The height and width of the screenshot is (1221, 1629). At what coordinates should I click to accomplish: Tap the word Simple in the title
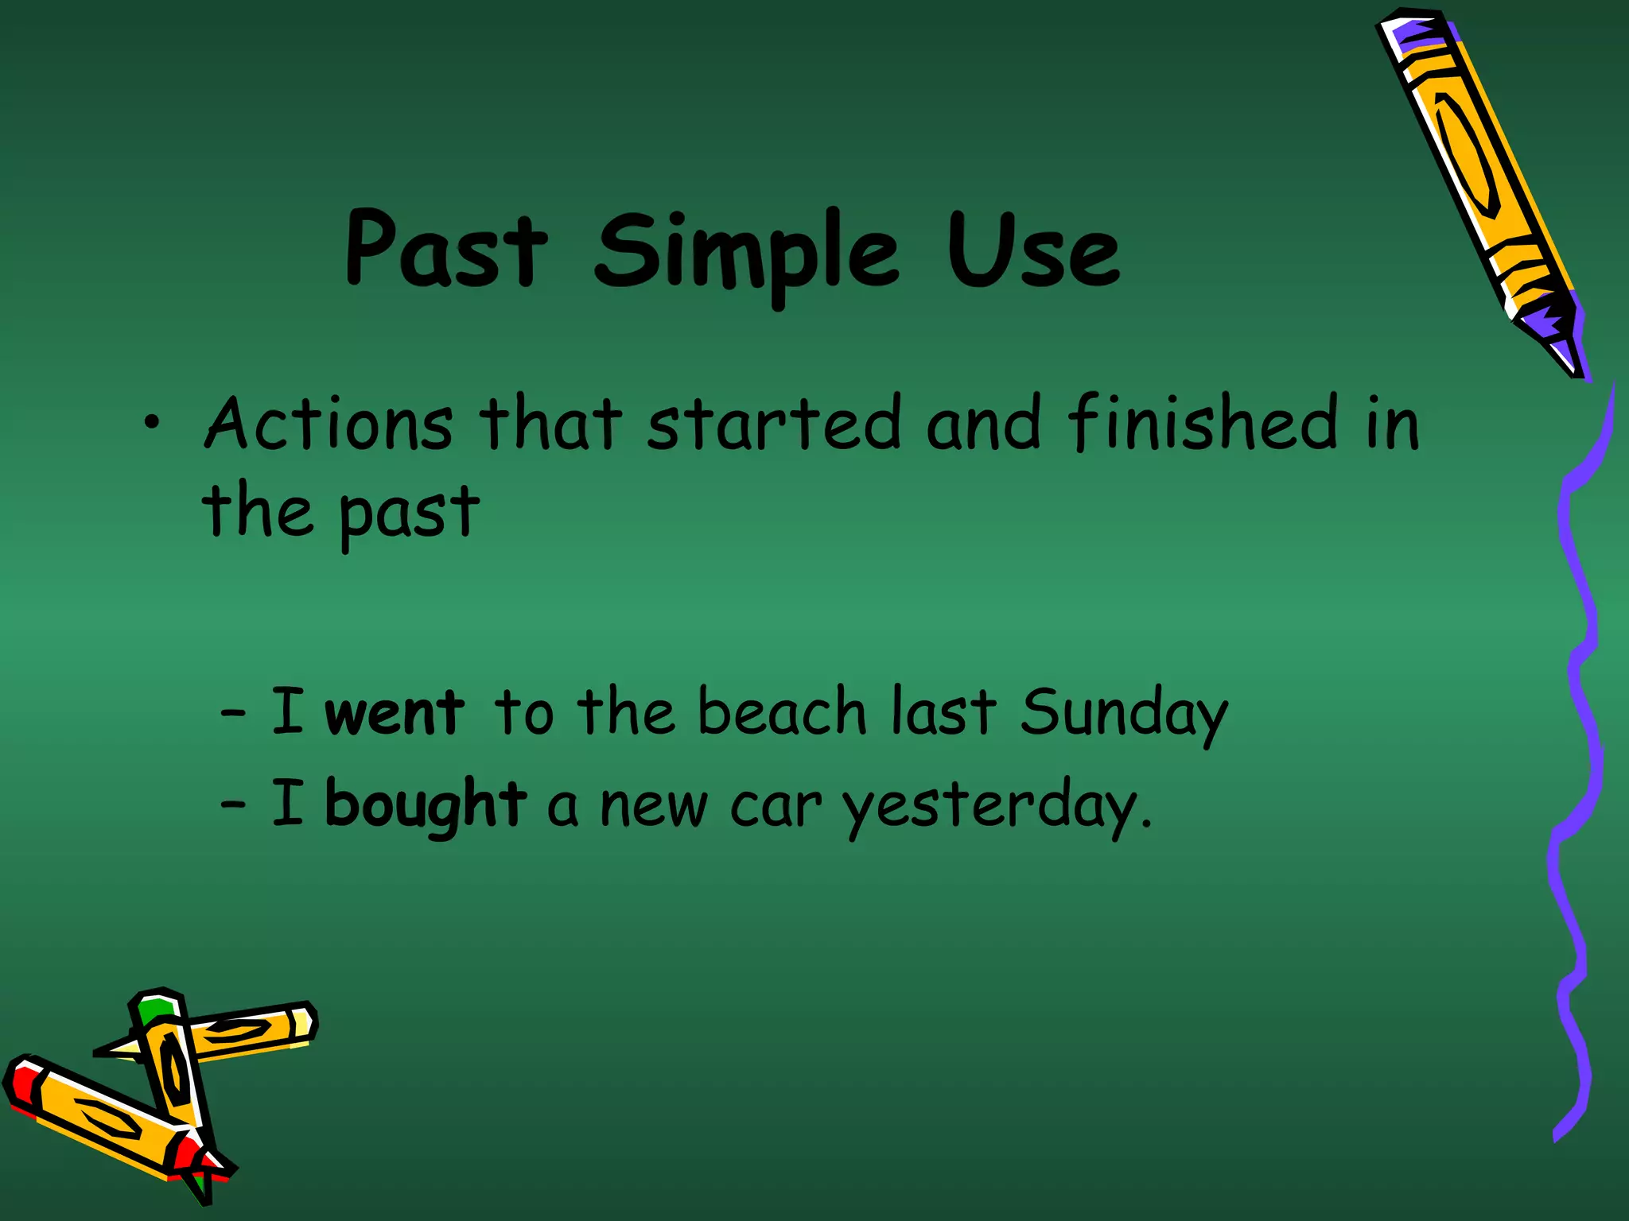point(746,253)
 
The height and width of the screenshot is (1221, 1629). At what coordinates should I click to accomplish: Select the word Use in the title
point(1032,251)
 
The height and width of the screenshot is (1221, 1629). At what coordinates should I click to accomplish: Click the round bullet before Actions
point(151,424)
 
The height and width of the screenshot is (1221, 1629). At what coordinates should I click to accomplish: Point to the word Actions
point(329,424)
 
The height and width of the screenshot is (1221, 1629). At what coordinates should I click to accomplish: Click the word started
point(773,424)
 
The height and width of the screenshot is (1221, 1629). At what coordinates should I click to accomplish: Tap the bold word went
point(395,712)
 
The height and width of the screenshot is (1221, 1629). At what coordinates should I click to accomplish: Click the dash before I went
point(233,713)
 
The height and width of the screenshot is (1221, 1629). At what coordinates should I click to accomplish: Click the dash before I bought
point(233,805)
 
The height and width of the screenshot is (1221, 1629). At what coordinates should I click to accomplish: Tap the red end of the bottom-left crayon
point(19,1085)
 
